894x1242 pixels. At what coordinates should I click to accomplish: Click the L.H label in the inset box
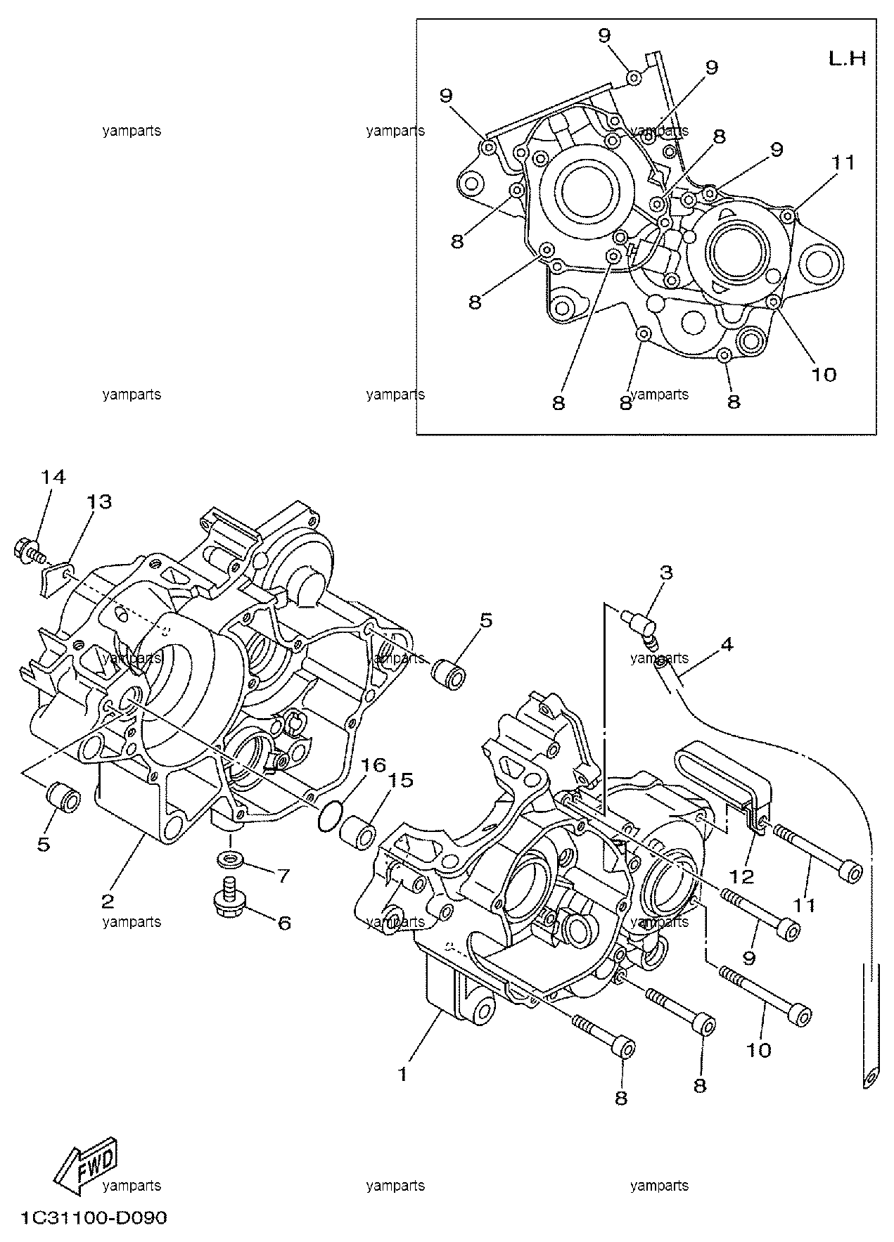(x=847, y=58)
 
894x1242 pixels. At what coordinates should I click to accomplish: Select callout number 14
(x=53, y=477)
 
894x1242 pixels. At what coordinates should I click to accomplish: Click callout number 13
(x=99, y=501)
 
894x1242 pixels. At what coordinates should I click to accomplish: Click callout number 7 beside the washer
(x=283, y=876)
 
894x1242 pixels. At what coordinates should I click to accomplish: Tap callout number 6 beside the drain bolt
(x=284, y=922)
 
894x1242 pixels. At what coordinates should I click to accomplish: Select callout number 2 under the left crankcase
(x=108, y=901)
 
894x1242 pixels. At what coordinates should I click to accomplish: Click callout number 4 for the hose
(x=727, y=644)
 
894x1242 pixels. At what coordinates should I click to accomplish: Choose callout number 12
(x=742, y=876)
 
